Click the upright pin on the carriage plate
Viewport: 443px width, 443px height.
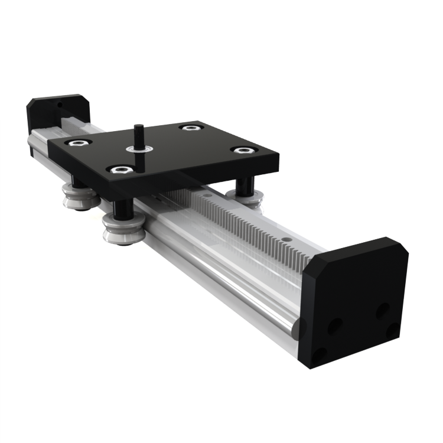coord(139,134)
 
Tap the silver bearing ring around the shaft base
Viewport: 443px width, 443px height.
coord(139,152)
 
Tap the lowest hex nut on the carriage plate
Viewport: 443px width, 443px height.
coord(120,170)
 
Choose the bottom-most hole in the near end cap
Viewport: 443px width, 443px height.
coord(320,354)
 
